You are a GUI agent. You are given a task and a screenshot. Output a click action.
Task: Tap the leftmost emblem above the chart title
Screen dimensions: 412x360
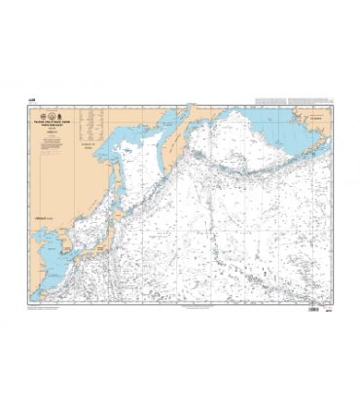click(x=66, y=102)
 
